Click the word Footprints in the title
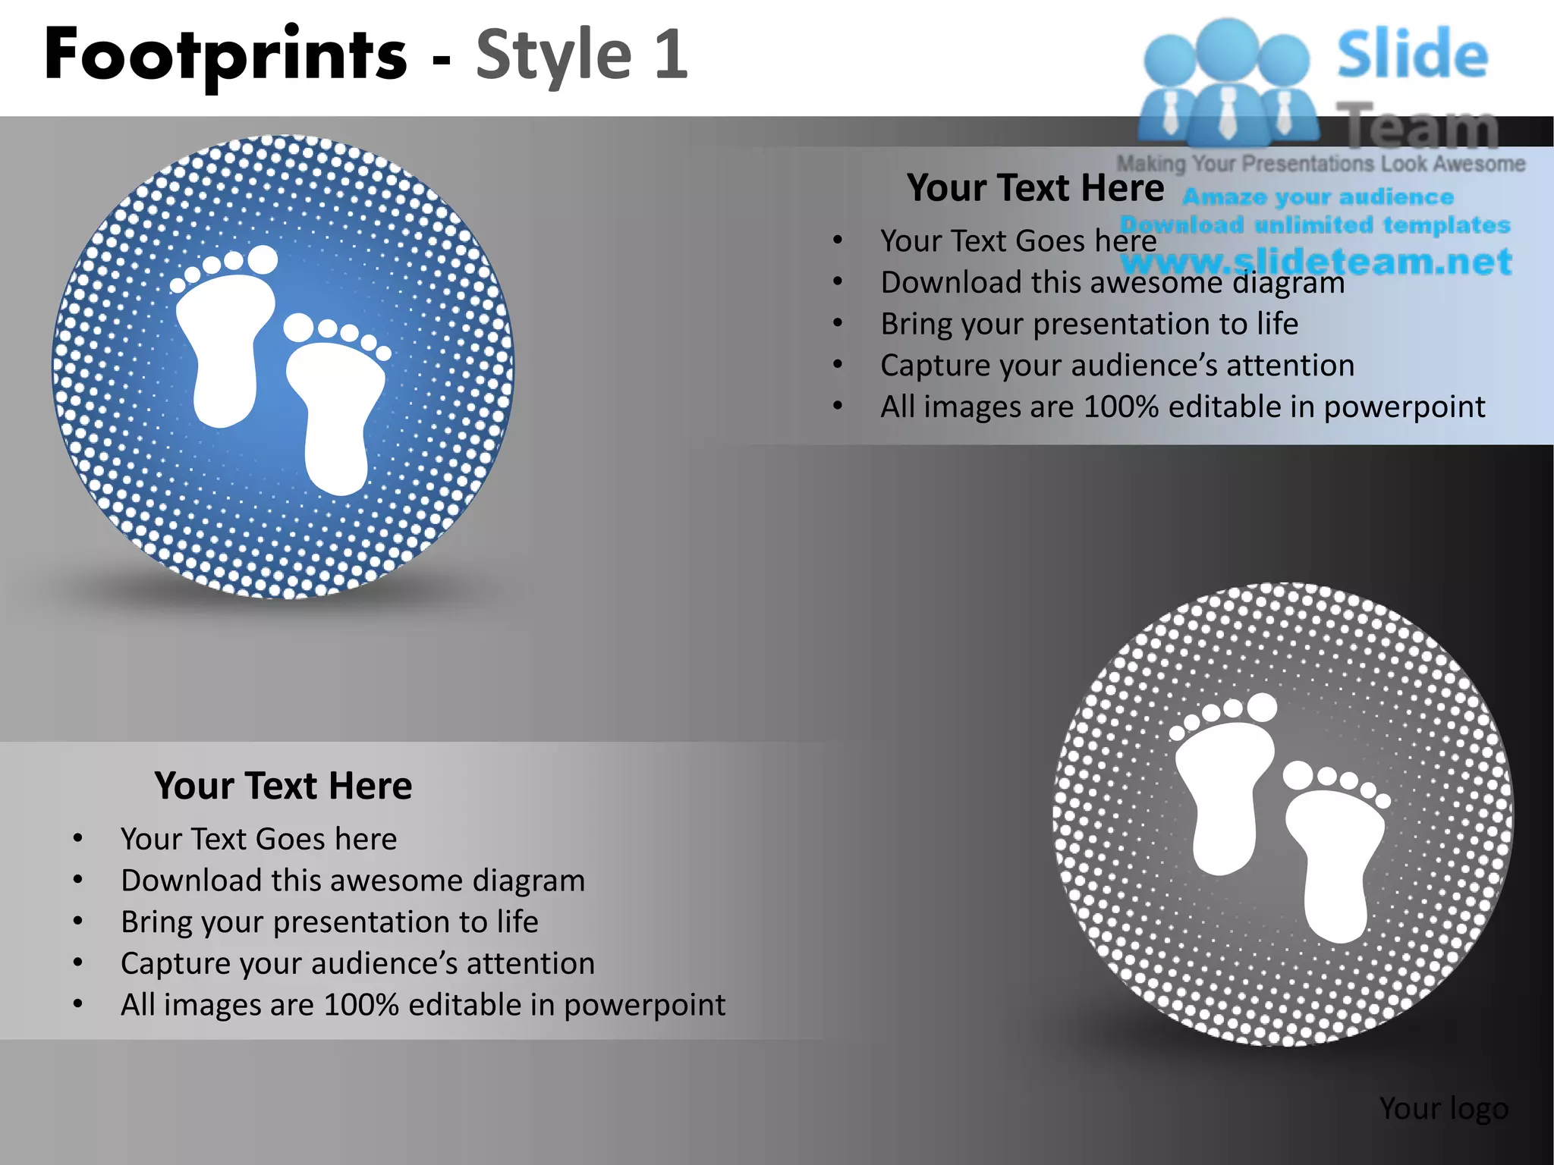226,55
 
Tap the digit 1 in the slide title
671,55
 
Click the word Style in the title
553,55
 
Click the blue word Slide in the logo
1412,55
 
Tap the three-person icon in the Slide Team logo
1228,83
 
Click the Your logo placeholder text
1443,1108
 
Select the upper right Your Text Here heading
1035,187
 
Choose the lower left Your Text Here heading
283,786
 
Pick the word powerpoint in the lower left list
645,1005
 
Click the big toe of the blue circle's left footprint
263,259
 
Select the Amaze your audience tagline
1318,197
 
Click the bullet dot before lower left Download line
77,880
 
